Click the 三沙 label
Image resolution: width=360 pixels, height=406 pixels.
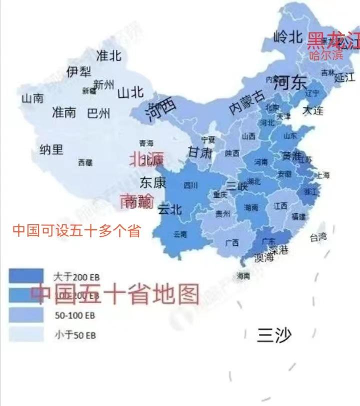(x=273, y=335)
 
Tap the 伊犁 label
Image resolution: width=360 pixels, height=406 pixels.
(x=78, y=72)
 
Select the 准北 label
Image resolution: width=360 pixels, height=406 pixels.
(x=108, y=55)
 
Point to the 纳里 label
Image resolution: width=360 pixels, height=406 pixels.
(x=51, y=149)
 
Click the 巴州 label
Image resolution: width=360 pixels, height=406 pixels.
(x=98, y=113)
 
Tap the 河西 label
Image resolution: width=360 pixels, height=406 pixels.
(x=161, y=109)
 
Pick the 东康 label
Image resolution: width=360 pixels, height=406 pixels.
(x=152, y=183)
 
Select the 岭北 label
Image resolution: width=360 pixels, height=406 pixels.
(x=288, y=36)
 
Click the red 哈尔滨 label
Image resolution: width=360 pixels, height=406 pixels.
(x=326, y=55)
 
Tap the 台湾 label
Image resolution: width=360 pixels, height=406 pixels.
(x=318, y=237)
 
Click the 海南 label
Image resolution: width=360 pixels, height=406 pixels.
(x=243, y=276)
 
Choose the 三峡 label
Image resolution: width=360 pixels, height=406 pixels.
(x=237, y=186)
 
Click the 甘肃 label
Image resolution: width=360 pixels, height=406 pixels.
(x=200, y=152)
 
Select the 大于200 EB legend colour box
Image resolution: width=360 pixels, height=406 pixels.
(x=26, y=276)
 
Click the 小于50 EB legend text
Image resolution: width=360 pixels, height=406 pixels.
(x=75, y=336)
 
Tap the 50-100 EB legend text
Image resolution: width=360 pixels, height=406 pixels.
(x=74, y=316)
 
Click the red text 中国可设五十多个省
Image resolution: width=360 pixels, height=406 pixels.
(x=76, y=231)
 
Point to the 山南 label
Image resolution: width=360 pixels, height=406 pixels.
(x=32, y=98)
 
